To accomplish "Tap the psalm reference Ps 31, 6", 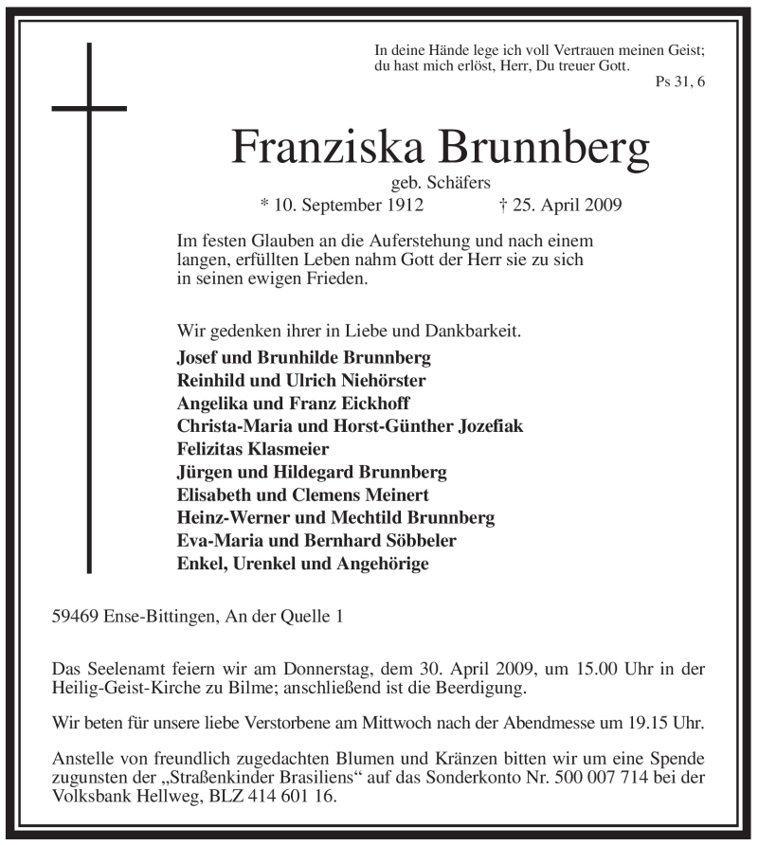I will click(x=679, y=82).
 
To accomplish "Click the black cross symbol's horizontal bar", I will click(x=89, y=108).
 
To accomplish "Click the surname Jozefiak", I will click(x=478, y=426).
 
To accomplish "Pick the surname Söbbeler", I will click(x=416, y=541).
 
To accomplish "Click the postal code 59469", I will click(x=78, y=617).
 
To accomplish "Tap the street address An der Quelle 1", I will click(x=281, y=617).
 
